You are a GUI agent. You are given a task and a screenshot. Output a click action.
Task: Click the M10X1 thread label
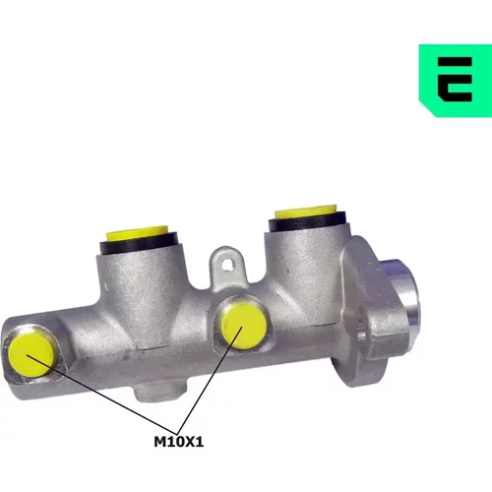pyautogui.click(x=179, y=442)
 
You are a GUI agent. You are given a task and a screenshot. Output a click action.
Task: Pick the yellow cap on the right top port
pyautogui.click(x=306, y=212)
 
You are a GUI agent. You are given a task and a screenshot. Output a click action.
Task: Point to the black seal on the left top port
pyautogui.click(x=139, y=244)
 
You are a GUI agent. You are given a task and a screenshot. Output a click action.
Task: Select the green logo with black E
pyautogui.click(x=456, y=81)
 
